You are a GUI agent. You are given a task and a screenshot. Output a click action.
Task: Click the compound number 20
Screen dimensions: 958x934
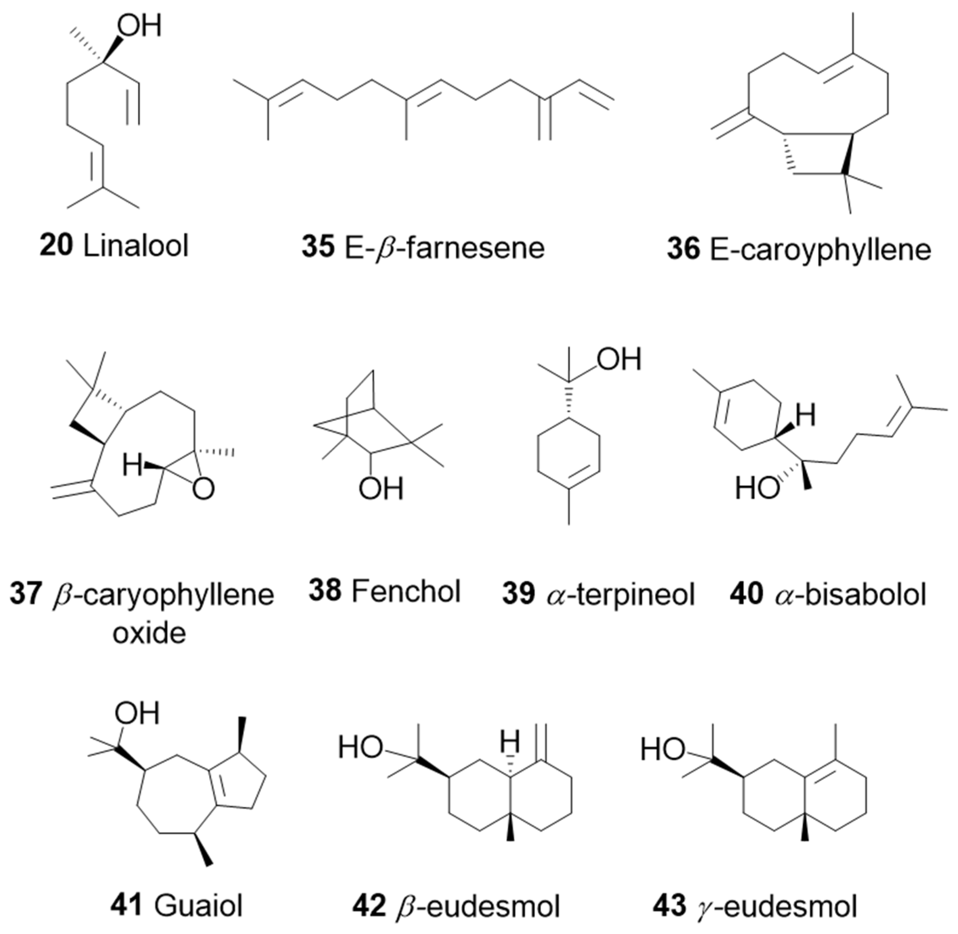pos(56,245)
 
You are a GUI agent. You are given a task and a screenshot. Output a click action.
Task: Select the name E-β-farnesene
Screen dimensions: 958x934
pos(444,248)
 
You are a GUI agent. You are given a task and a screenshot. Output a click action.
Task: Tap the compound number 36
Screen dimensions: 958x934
pos(682,249)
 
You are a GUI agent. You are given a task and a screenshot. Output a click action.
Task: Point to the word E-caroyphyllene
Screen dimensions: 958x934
pos(820,250)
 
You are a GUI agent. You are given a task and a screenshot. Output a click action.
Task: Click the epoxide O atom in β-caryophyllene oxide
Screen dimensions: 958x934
pos(203,488)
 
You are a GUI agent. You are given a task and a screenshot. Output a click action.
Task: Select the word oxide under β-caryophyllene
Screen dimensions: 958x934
pos(149,633)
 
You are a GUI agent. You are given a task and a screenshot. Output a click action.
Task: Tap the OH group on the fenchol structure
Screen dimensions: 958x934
pos(381,488)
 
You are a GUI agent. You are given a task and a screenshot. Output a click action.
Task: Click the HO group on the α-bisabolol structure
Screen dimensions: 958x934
pos(757,488)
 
